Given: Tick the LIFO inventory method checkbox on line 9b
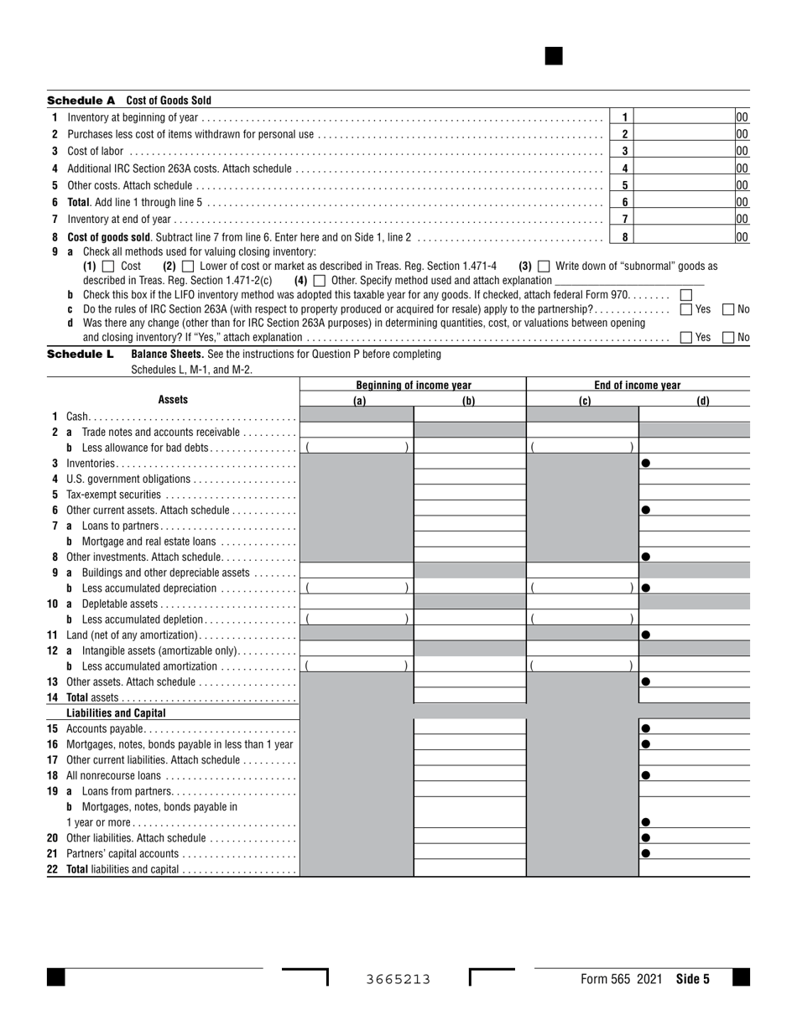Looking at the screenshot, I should click(685, 295).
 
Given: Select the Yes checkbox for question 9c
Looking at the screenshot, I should click(686, 309).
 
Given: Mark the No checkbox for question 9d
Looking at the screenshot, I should click(728, 338).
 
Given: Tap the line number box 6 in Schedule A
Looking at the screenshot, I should click(624, 202).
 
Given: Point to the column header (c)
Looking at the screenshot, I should click(584, 401).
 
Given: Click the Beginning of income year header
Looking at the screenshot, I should click(413, 386).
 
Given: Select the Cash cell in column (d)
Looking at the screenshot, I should click(694, 416).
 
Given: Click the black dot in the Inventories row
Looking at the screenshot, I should click(646, 463).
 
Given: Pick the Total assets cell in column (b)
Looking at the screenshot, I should click(469, 697).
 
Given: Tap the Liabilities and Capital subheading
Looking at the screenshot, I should click(116, 713).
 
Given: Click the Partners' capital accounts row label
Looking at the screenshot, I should click(122, 853).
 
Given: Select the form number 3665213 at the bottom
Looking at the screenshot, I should click(398, 979).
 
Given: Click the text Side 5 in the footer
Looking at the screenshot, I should click(693, 979).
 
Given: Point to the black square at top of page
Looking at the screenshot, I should click(554, 56).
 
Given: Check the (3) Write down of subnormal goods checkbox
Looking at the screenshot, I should click(544, 266).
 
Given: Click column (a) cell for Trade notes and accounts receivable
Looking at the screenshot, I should click(357, 432).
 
